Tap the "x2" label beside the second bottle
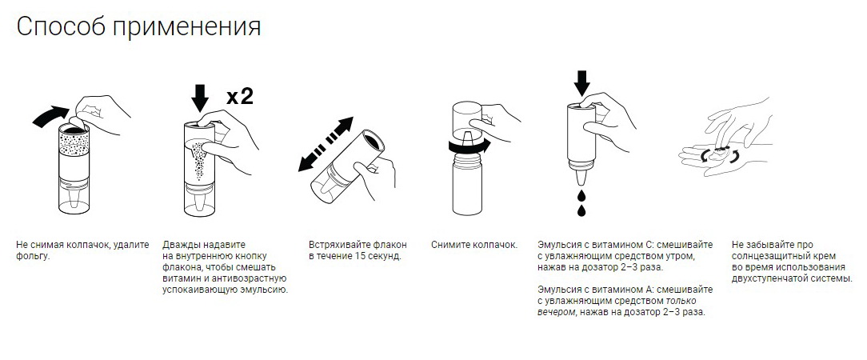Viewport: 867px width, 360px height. [240, 97]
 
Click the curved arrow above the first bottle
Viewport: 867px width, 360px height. [53, 114]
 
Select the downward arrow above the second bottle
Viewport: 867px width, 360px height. [200, 98]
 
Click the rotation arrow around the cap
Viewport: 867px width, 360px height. [469, 146]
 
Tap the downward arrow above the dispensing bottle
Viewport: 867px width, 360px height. [581, 82]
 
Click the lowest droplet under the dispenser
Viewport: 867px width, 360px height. [581, 210]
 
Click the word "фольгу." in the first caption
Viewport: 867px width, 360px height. [34, 257]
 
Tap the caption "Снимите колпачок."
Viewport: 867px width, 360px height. [474, 245]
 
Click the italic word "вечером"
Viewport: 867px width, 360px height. [556, 312]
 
